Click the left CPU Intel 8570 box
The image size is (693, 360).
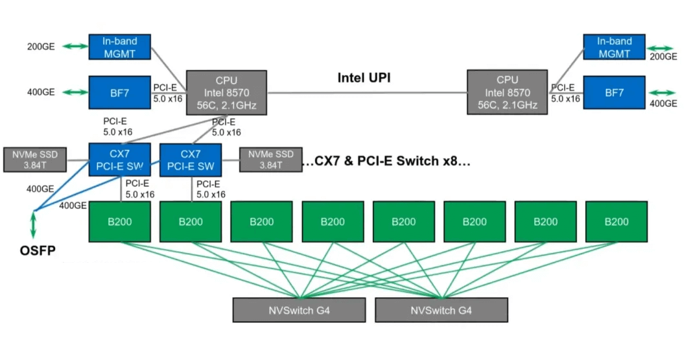coord(226,93)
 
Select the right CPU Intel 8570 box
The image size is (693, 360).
coord(508,93)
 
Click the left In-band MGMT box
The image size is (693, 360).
coord(119,47)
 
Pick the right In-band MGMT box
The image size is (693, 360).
coord(615,47)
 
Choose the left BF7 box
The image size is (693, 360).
coord(119,93)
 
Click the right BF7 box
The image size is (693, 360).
coord(615,93)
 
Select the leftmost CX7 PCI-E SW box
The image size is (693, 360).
coord(119,160)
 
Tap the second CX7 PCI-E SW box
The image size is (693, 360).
coord(191,160)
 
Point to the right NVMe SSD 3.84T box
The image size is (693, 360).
coord(270,160)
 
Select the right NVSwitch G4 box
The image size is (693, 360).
coord(441,310)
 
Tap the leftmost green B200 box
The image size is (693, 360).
coord(119,221)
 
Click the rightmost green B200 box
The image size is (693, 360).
coord(616,221)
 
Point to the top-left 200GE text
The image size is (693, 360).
coord(41,47)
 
